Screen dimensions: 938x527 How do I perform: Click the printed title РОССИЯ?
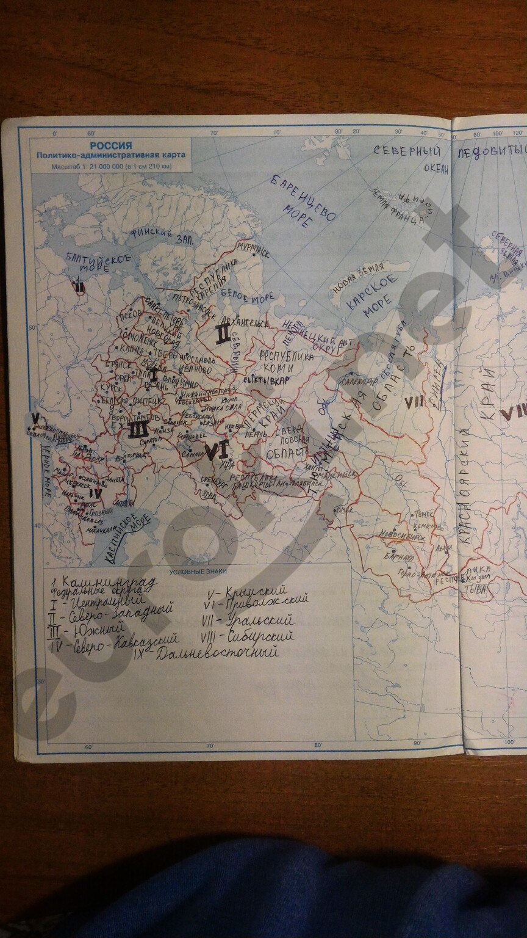click(110, 146)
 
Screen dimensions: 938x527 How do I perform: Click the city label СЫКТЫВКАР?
click(267, 380)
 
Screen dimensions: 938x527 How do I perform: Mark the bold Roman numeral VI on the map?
click(216, 451)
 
